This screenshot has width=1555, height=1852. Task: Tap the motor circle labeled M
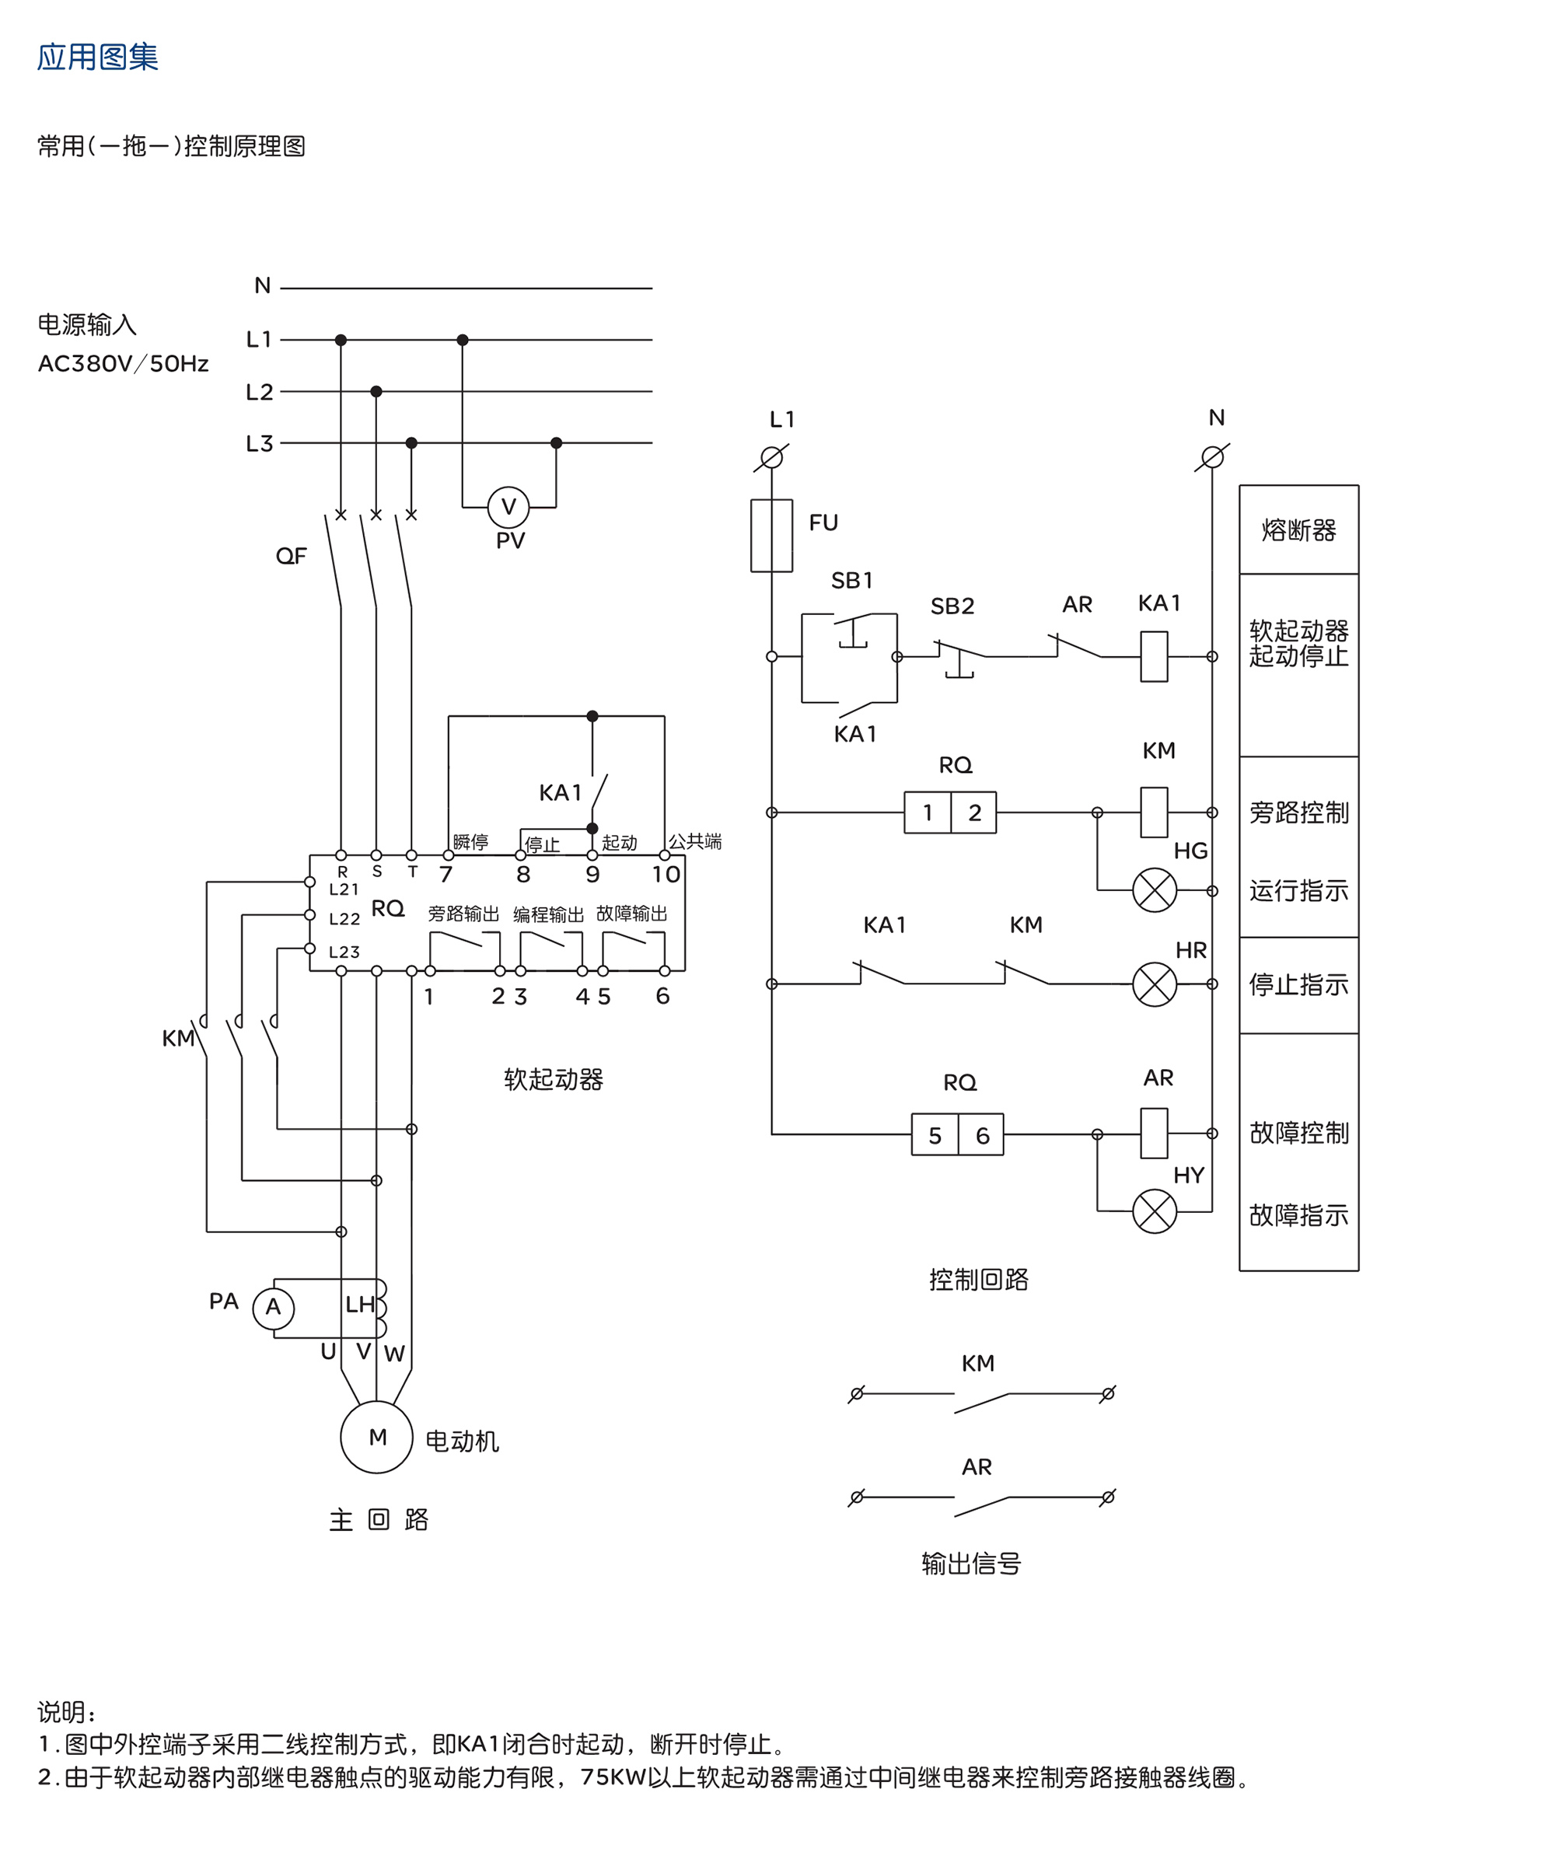pyautogui.click(x=376, y=1437)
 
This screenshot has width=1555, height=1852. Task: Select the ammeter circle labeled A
pyautogui.click(x=274, y=1307)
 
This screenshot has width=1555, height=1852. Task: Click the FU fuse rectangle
pyautogui.click(x=772, y=536)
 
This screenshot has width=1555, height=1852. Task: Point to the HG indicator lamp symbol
pyautogui.click(x=1155, y=889)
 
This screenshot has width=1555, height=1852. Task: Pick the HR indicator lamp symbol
pyautogui.click(x=1155, y=984)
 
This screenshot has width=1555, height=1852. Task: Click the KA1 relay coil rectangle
pyautogui.click(x=1154, y=656)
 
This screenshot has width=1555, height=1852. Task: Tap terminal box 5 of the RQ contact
pyautogui.click(x=935, y=1134)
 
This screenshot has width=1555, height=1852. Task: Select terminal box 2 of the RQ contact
pyautogui.click(x=973, y=812)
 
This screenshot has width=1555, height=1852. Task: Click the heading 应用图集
pyautogui.click(x=97, y=58)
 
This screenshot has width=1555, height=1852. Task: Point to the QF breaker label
pyautogui.click(x=291, y=556)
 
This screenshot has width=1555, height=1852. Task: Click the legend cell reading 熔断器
pyautogui.click(x=1298, y=530)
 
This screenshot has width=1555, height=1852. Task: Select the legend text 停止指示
pyautogui.click(x=1298, y=984)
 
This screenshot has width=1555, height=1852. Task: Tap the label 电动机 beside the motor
pyautogui.click(x=462, y=1441)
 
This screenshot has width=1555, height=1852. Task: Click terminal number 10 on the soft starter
pyautogui.click(x=666, y=874)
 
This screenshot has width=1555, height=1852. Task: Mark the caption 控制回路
pyautogui.click(x=978, y=1280)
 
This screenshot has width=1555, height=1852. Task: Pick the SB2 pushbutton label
pyautogui.click(x=952, y=606)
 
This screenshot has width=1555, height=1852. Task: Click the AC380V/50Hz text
pyautogui.click(x=124, y=363)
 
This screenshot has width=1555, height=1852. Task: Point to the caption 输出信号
pyautogui.click(x=971, y=1564)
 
